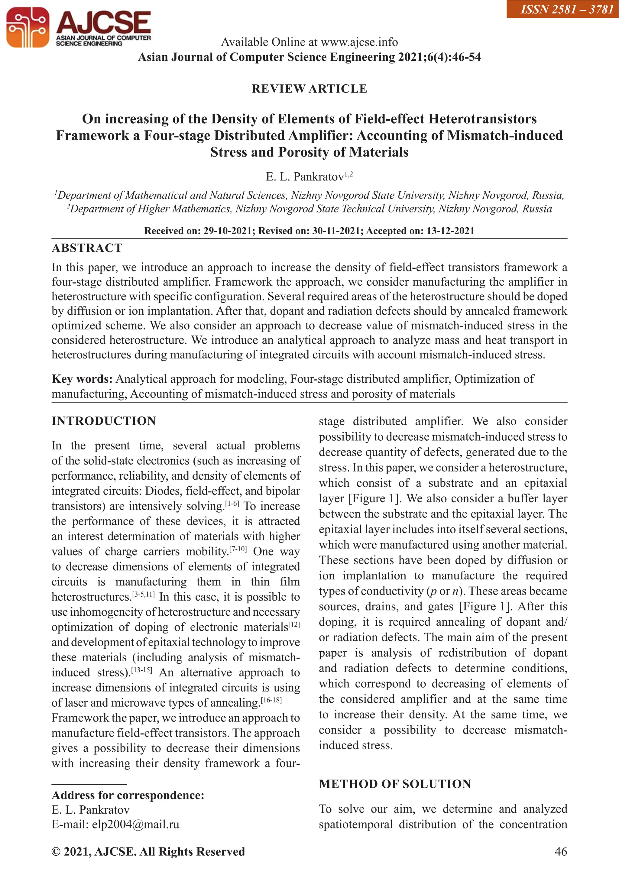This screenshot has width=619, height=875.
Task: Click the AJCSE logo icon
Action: coord(28,28)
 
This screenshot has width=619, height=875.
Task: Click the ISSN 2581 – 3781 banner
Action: coord(562,9)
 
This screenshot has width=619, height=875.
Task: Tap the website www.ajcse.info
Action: coord(359,42)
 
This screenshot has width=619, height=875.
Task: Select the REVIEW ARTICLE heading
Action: coord(309,89)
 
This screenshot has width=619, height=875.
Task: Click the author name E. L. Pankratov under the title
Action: coord(305,177)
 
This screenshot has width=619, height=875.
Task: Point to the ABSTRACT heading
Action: coord(87,248)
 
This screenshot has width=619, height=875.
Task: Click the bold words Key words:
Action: coord(82,379)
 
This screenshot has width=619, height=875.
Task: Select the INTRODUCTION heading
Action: coord(104,421)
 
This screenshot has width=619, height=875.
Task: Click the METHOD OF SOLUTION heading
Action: coord(395,784)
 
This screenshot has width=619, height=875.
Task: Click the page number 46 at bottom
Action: coord(561,851)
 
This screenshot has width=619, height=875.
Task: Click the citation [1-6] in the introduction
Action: coord(232,504)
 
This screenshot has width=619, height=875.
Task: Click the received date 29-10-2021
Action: coord(228,231)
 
